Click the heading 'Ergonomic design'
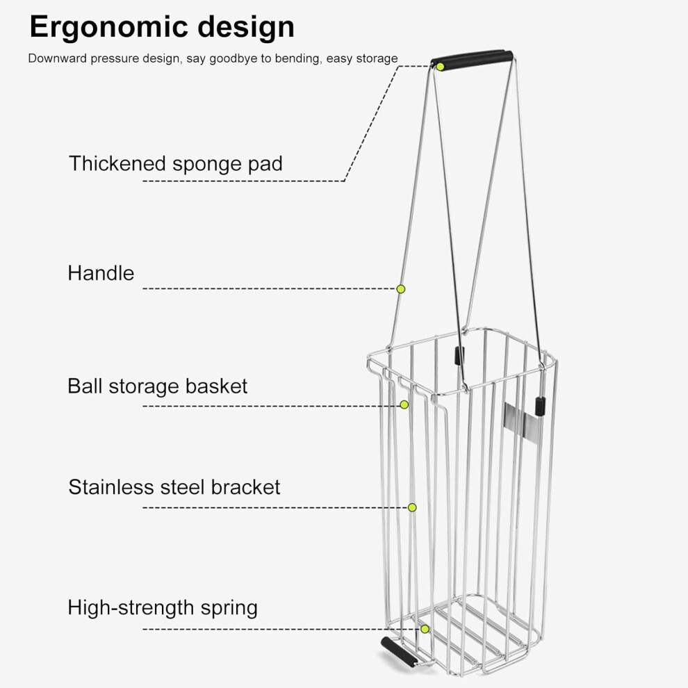162,28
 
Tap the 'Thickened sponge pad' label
176,164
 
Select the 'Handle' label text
101,273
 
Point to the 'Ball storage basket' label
157,386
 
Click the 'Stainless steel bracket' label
174,487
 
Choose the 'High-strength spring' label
163,608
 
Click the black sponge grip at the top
472,58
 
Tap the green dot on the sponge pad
440,67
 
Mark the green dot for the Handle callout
400,288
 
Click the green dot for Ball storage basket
404,404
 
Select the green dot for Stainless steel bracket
412,507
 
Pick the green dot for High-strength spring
425,629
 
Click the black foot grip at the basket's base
398,653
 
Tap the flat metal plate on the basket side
521,421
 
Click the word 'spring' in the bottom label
229,609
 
